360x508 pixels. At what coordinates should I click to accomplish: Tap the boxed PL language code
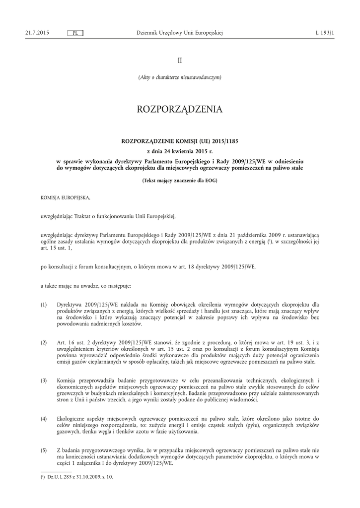[x=75, y=33]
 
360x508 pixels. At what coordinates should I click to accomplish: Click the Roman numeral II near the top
[x=180, y=60]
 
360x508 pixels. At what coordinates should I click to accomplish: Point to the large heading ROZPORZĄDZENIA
[x=180, y=109]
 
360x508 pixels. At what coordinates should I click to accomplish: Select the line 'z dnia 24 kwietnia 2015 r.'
[x=180, y=151]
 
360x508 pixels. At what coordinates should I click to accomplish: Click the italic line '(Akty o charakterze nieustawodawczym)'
[x=180, y=77]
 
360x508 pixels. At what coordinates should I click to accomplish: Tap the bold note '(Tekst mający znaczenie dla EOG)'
[x=180, y=181]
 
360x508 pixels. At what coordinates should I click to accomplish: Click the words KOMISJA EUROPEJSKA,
[x=66, y=197]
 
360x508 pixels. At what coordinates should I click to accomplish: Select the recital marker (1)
[x=44, y=304]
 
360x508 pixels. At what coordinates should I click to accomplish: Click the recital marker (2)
[x=44, y=343]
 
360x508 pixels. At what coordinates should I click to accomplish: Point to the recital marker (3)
[x=44, y=381]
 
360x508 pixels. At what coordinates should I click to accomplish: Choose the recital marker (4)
[x=44, y=419]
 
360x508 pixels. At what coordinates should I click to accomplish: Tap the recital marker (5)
[x=44, y=450]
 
